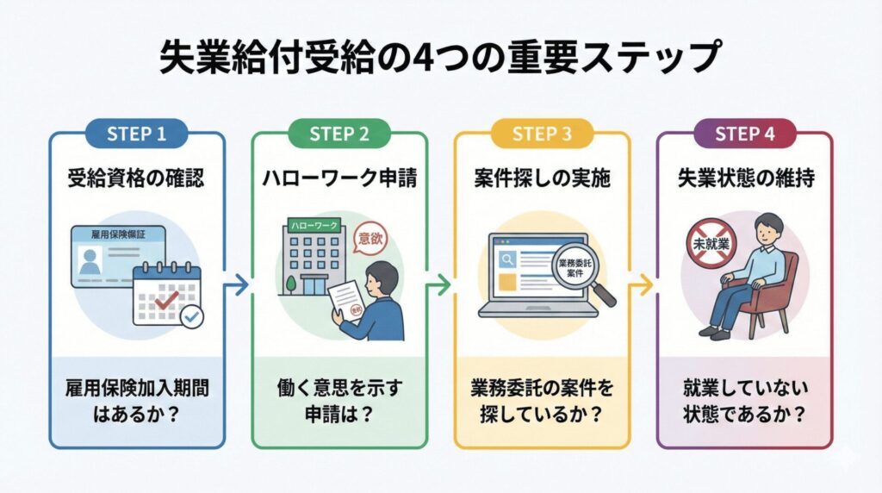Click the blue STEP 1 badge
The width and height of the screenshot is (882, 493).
[x=137, y=134]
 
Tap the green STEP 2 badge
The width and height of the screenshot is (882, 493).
[x=339, y=134]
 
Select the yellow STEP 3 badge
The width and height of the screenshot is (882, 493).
[x=542, y=134]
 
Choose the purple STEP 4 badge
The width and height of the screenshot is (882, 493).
[x=744, y=134]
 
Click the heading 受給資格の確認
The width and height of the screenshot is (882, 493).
[x=137, y=179]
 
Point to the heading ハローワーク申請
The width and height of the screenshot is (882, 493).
[x=339, y=179]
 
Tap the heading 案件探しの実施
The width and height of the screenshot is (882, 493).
[x=542, y=179]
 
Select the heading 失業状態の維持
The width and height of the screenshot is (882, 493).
[x=744, y=179]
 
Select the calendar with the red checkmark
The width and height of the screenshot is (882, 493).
[x=166, y=295]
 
